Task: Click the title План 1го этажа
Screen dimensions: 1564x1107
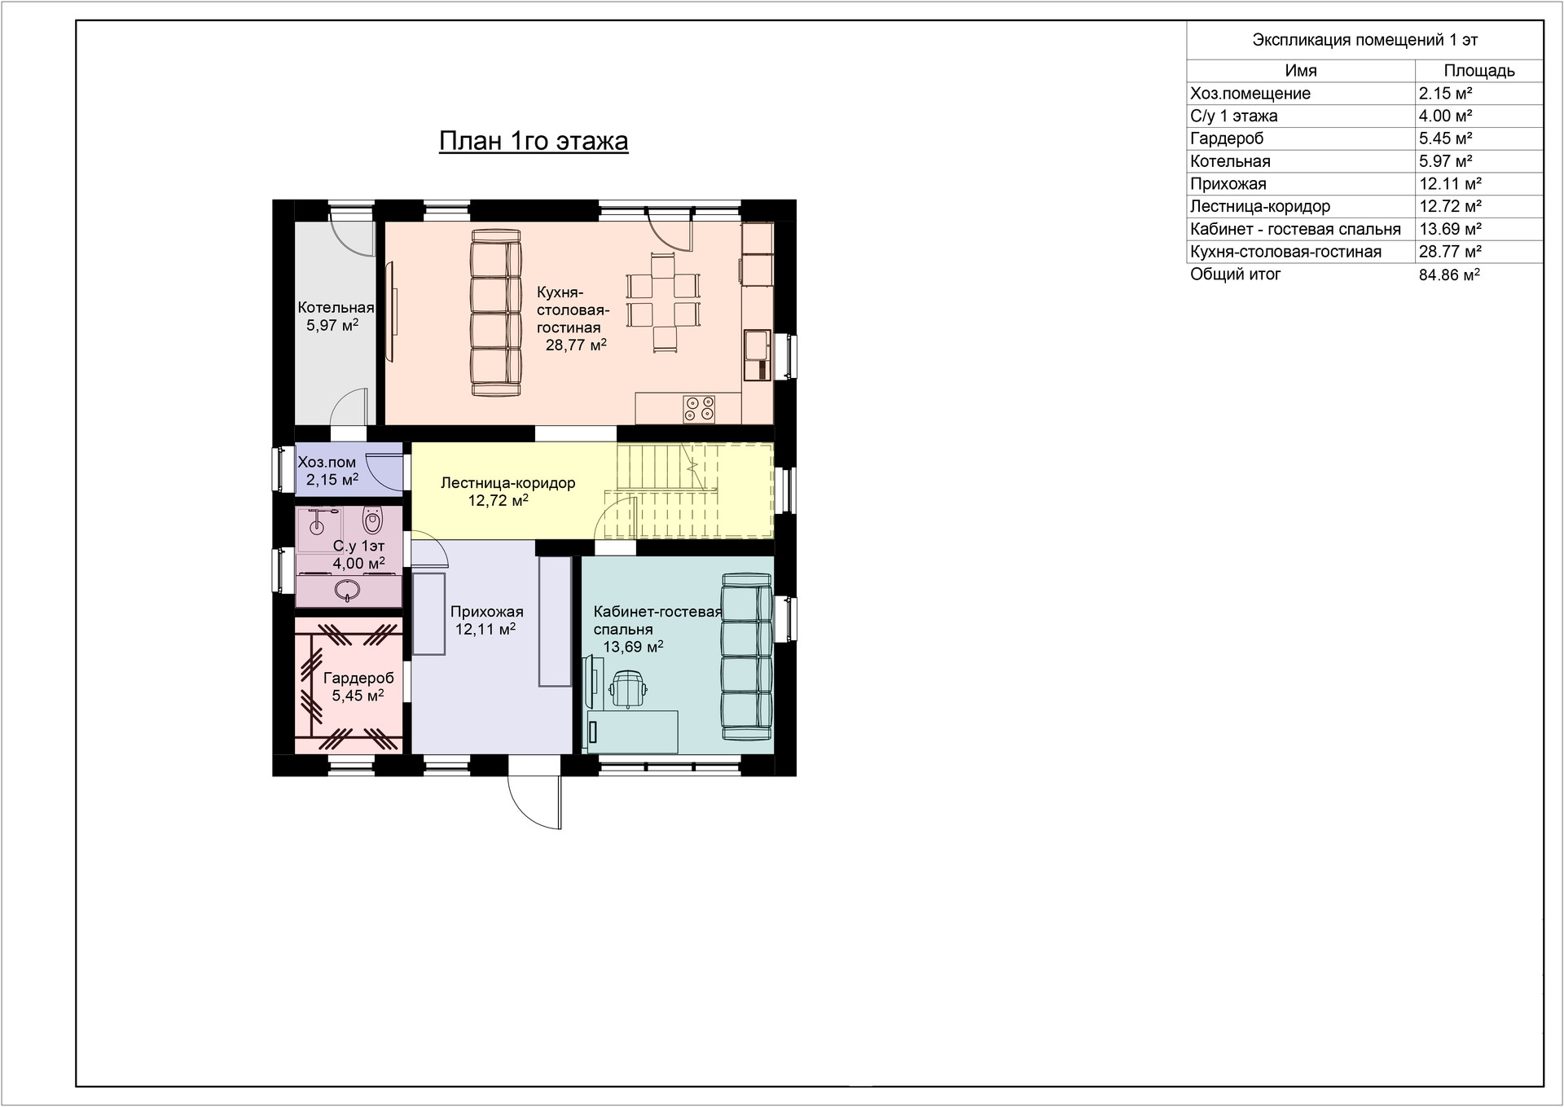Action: click(x=534, y=141)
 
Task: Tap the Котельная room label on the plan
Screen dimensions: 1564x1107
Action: click(x=336, y=308)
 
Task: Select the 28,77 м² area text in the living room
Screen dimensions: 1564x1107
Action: click(x=576, y=345)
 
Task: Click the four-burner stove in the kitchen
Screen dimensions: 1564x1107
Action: click(x=699, y=409)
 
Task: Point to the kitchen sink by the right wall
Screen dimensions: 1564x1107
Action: click(x=758, y=355)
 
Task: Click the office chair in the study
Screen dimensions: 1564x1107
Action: click(x=627, y=688)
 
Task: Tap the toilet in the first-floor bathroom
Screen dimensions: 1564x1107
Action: click(x=372, y=519)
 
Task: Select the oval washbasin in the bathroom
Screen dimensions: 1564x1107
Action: click(x=349, y=588)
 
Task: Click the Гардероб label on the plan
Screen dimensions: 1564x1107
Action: click(x=358, y=678)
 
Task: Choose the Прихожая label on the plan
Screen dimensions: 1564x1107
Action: click(x=487, y=612)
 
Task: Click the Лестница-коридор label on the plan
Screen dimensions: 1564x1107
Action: click(x=508, y=483)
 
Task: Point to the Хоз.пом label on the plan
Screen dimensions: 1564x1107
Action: click(x=327, y=463)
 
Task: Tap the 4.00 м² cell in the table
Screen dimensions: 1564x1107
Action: click(x=1446, y=116)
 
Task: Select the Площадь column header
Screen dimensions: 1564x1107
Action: click(x=1479, y=71)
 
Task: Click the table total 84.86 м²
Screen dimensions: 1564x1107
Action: click(x=1450, y=275)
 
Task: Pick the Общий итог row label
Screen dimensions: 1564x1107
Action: click(x=1235, y=275)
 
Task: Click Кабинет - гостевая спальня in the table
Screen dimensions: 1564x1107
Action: click(x=1295, y=229)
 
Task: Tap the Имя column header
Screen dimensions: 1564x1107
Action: click(x=1301, y=71)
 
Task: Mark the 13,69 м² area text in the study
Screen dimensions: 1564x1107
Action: click(x=633, y=647)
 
